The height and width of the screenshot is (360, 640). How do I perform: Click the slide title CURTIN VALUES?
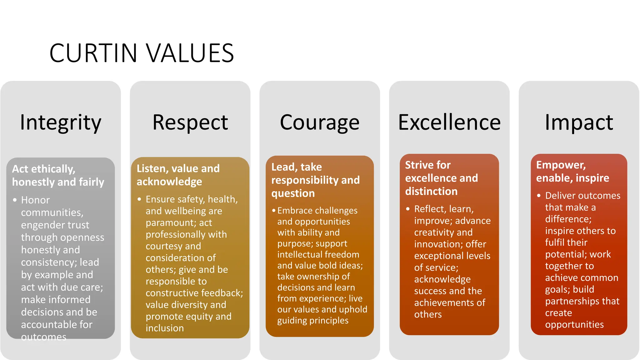tap(142, 53)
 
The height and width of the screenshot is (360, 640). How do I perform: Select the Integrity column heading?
tap(61, 122)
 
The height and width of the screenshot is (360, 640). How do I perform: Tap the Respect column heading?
tap(190, 122)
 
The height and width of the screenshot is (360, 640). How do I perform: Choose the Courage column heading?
tap(319, 122)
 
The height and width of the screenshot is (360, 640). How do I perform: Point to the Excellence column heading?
tap(449, 122)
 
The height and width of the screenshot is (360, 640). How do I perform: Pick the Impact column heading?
tap(579, 122)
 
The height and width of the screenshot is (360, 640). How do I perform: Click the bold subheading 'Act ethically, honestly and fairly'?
tap(58, 175)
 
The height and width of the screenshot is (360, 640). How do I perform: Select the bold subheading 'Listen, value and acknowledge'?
tap(178, 175)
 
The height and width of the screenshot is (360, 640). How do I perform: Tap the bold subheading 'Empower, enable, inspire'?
tap(572, 171)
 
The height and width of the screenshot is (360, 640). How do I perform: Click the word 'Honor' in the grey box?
tap(35, 200)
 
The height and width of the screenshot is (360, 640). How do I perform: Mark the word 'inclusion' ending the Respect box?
tap(165, 328)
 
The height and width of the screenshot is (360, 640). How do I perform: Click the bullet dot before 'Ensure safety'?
tap(139, 199)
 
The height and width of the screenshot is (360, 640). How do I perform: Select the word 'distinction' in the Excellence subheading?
tap(431, 191)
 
